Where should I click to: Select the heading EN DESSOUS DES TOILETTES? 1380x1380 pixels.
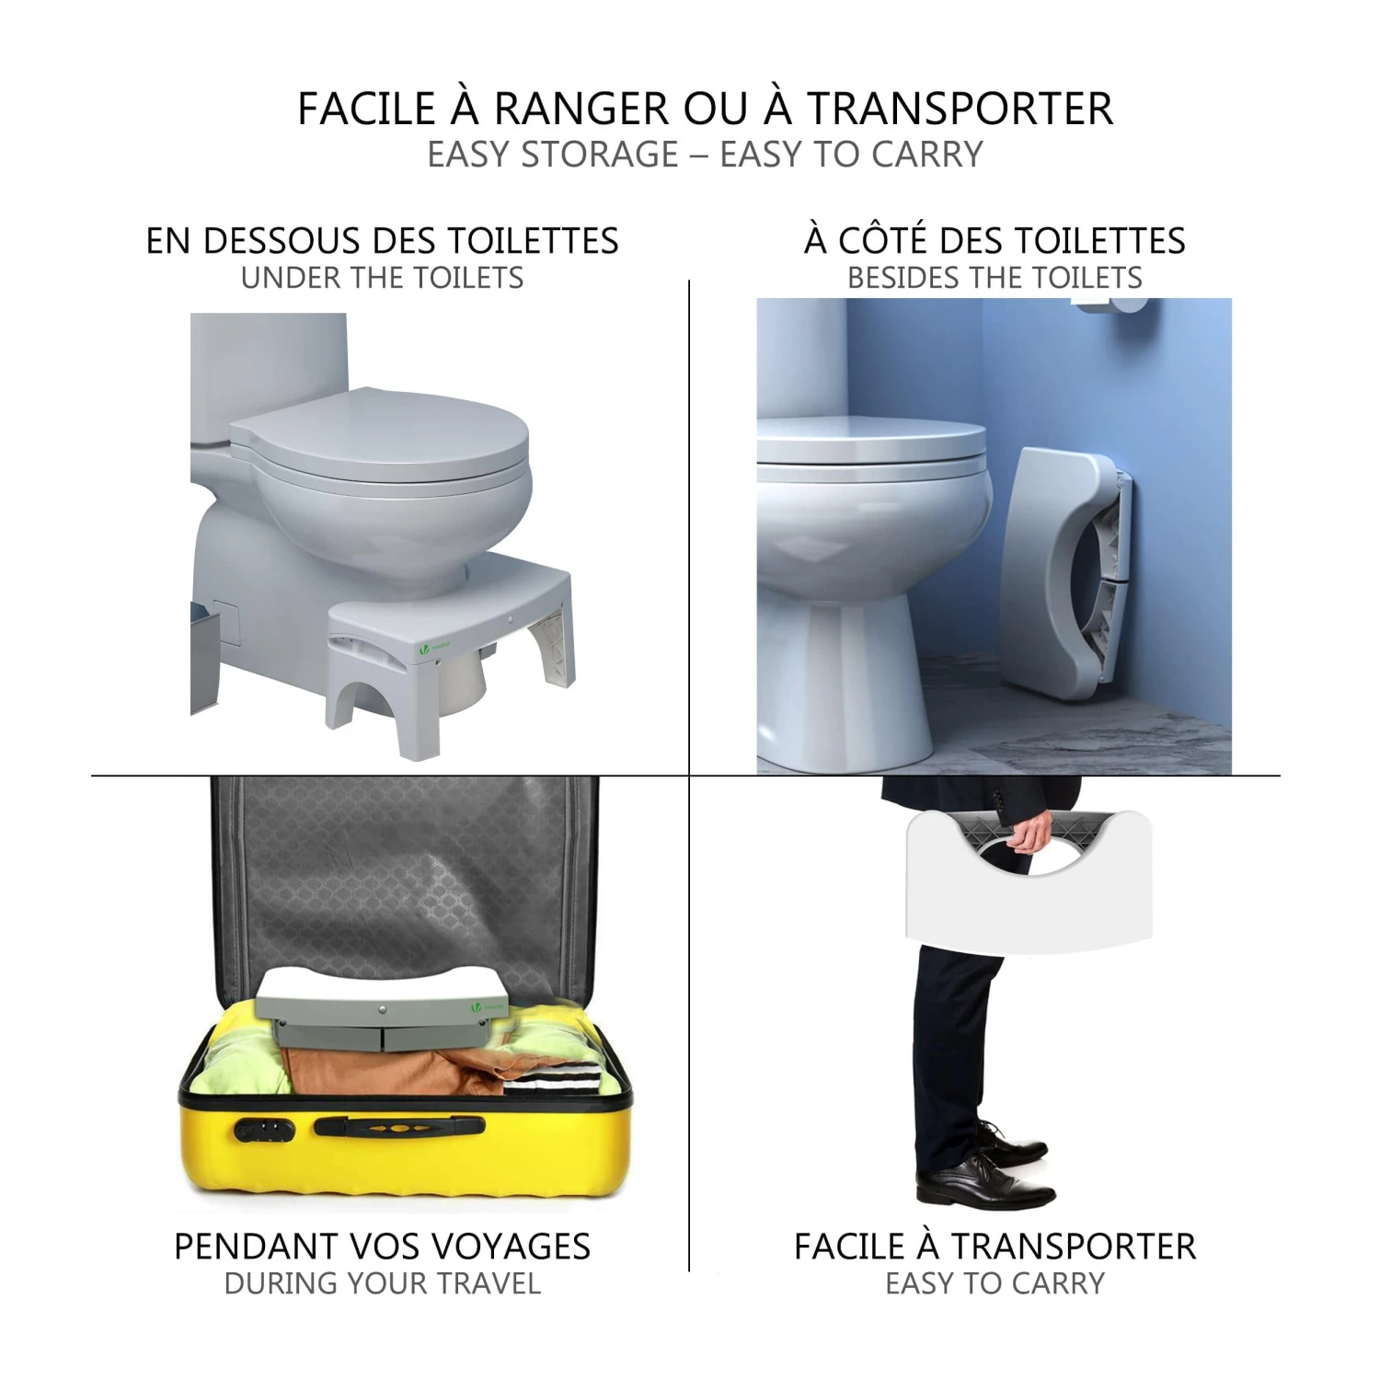point(383,241)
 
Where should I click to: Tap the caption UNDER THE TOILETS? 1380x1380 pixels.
point(383,278)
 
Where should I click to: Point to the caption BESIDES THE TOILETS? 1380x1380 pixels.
point(995,278)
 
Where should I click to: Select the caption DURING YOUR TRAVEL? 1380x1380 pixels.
point(383,1283)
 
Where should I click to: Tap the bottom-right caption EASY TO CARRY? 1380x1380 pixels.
point(995,1283)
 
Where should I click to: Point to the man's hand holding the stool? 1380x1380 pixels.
point(1029,830)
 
